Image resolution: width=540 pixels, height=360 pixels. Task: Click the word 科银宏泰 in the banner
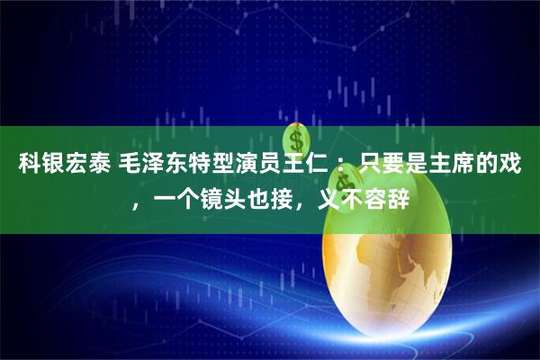57,164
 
